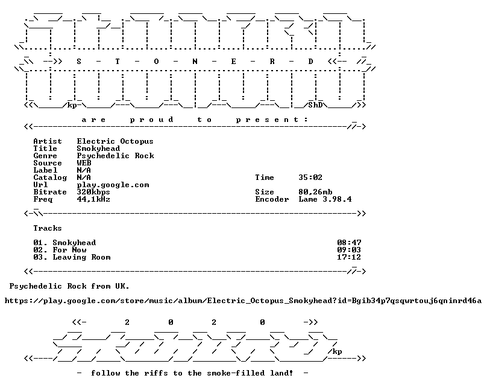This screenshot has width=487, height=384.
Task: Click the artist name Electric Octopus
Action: tap(115, 141)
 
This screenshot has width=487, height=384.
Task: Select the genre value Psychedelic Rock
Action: tap(115, 156)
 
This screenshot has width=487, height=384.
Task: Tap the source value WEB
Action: tap(84, 163)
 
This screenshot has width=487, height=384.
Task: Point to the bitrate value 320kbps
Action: tap(93, 193)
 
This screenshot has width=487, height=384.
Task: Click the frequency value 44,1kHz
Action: tap(93, 199)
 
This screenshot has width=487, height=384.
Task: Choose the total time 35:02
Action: tap(310, 178)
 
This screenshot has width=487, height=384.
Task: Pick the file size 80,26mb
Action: tap(315, 193)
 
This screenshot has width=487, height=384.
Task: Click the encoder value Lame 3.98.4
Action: tap(325, 199)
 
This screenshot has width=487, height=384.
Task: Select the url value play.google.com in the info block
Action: tap(113, 185)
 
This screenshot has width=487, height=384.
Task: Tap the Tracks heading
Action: tap(48, 228)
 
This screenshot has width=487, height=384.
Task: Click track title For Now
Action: tap(69, 250)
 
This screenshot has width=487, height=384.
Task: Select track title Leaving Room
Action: tap(82, 257)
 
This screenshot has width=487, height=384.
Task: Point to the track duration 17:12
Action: tap(349, 257)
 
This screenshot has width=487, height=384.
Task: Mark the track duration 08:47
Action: tap(349, 243)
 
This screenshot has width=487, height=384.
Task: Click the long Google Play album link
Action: tap(243, 301)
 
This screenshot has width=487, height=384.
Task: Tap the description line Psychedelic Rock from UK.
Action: tap(69, 286)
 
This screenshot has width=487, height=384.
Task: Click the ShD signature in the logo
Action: tap(316, 105)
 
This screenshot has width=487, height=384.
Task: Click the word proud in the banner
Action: tap(151, 120)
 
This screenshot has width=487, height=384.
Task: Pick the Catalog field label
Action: tap(50, 178)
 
